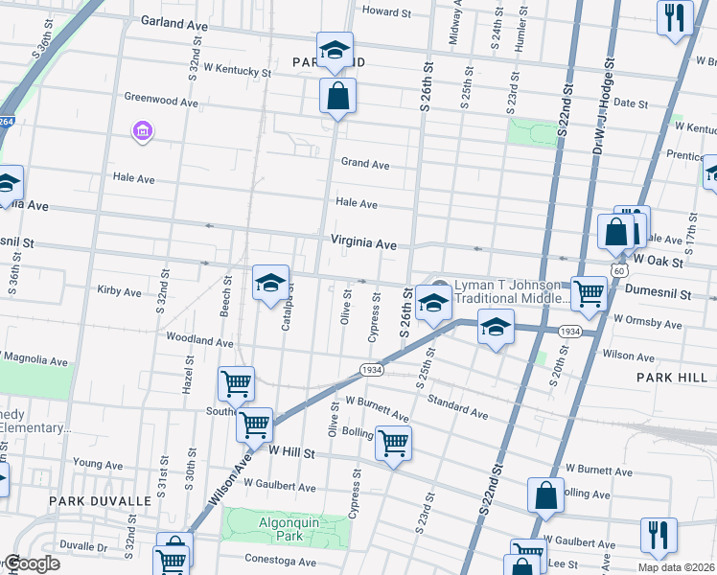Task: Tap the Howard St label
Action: tap(386, 12)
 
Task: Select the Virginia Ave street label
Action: tap(363, 243)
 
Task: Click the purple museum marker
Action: tap(143, 130)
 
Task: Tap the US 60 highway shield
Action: tap(620, 271)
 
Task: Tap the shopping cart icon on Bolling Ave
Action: tap(393, 443)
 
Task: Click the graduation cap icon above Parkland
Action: tap(335, 49)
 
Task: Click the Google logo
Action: tap(31, 563)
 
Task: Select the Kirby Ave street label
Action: tap(119, 291)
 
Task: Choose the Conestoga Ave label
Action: tap(281, 563)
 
